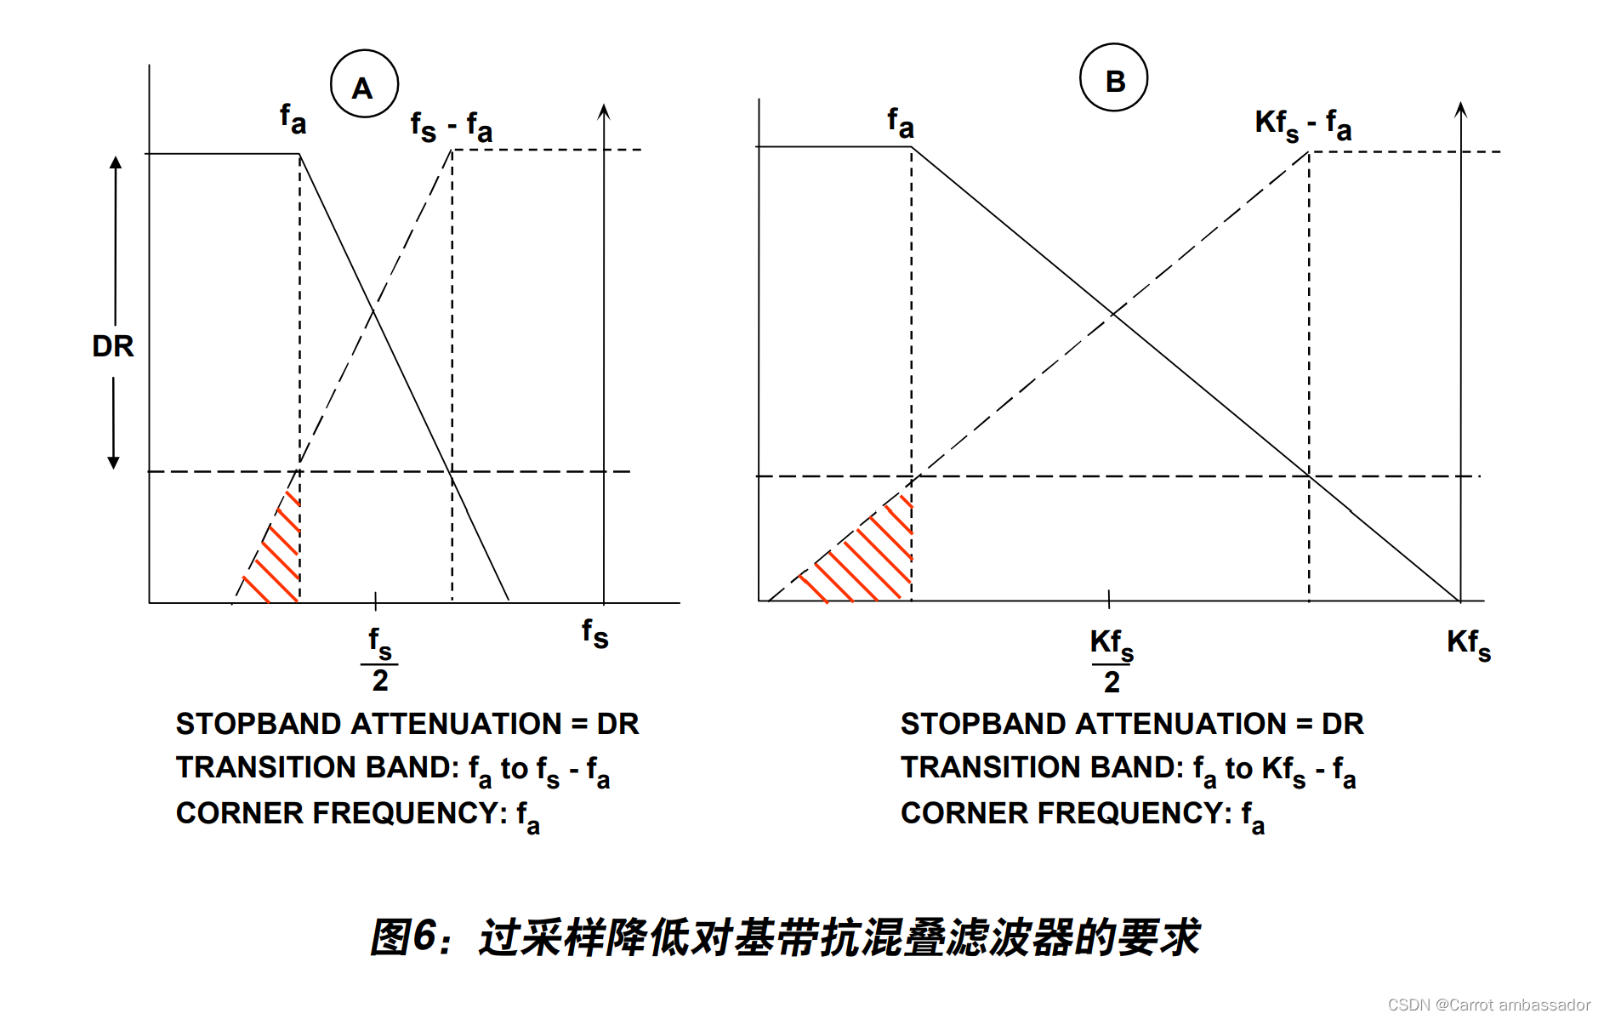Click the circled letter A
(363, 85)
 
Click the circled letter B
(1113, 79)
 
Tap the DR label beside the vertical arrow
(113, 346)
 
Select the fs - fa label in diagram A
(451, 128)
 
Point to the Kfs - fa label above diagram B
(1302, 125)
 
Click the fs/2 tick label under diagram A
(379, 660)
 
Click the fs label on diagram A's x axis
(594, 634)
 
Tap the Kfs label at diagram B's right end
(1468, 643)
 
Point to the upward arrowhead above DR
(116, 162)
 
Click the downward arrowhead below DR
(113, 463)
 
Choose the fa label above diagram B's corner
(900, 122)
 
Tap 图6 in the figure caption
(403, 936)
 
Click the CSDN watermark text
(1487, 1005)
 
